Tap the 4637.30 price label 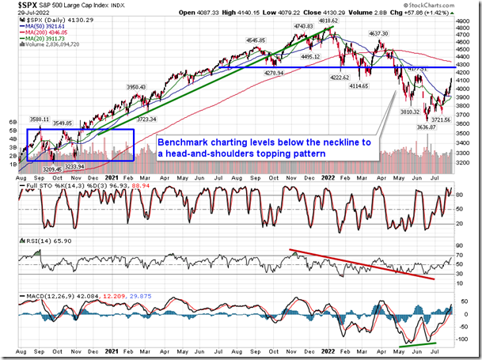point(378,34)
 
